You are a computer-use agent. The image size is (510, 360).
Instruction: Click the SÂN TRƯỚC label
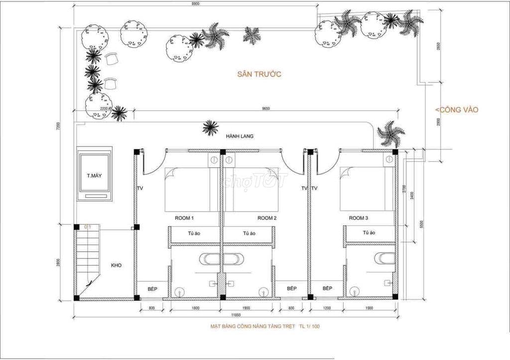click(259, 74)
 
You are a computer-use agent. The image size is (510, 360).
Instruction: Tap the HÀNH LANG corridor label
click(240, 135)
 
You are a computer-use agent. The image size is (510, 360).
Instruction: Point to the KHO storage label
click(117, 265)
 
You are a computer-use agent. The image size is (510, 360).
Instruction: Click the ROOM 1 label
click(184, 218)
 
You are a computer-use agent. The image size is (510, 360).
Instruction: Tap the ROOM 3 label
click(358, 218)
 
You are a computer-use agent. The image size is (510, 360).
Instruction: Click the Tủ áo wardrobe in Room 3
click(369, 233)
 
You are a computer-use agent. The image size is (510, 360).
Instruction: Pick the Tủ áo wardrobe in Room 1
click(194, 234)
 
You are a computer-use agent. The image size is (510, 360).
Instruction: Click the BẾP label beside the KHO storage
click(153, 288)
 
